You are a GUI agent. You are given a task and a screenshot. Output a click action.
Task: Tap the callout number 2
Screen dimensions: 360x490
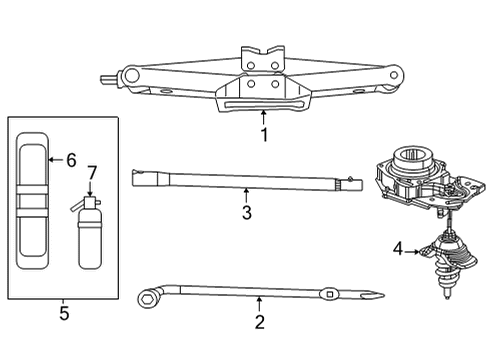point(259,322)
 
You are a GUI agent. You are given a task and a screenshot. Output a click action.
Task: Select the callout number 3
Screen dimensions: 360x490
point(246,211)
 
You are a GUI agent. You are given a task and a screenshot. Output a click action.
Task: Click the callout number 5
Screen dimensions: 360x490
point(63,313)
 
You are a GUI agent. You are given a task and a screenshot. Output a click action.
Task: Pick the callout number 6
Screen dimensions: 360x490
point(70,159)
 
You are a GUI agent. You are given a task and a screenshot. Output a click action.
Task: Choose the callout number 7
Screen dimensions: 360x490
point(92,173)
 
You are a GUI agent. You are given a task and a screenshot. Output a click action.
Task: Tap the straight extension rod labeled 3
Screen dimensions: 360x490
point(240,181)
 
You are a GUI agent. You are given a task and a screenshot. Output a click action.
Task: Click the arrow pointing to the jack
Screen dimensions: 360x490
point(264,117)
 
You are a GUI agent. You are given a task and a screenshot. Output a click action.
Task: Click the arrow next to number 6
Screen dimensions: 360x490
point(53,159)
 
